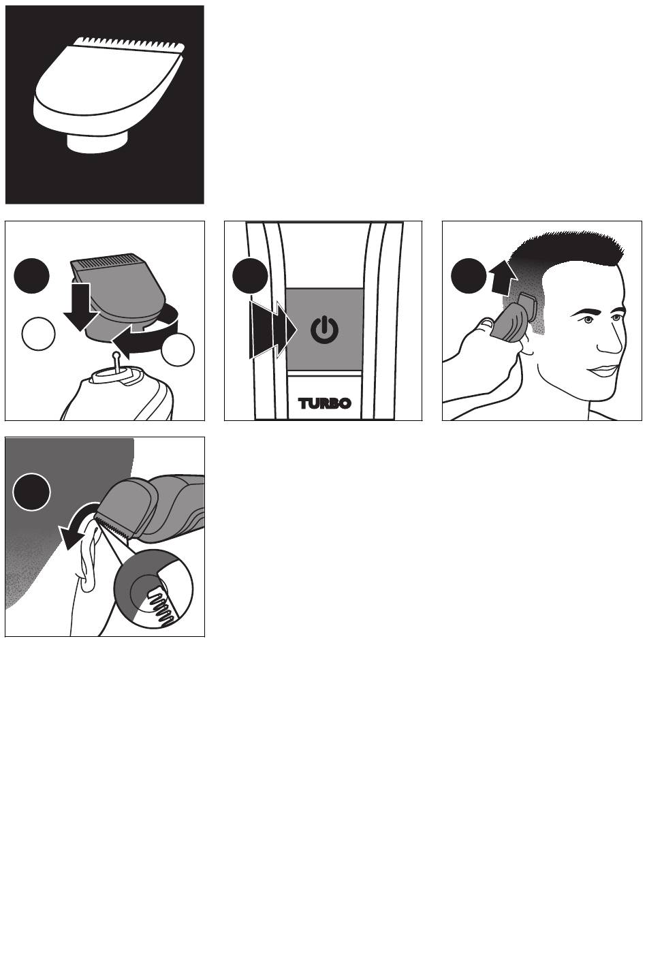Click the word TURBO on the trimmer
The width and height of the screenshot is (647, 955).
point(325,403)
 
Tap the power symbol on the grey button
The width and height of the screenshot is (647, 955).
point(325,330)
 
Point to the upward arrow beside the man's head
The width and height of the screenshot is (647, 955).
point(504,278)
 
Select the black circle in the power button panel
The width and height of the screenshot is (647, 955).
point(250,275)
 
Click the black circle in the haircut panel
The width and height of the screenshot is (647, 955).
point(469,276)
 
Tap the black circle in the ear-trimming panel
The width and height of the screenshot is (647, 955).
point(31,492)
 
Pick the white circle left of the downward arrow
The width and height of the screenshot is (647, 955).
point(38,333)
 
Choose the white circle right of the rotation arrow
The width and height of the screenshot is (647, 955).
point(178,349)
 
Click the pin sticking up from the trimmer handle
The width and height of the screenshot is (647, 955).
point(115,362)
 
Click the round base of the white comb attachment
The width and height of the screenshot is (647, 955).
point(97,142)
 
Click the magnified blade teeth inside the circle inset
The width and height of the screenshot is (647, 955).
point(162,605)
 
